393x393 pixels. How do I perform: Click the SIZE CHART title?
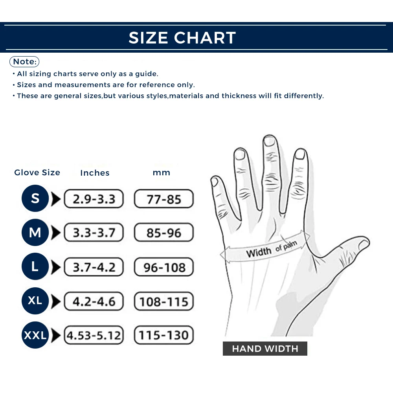click(x=182, y=38)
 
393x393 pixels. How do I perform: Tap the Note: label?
click(x=24, y=62)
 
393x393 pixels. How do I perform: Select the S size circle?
click(x=35, y=198)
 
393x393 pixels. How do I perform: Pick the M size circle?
click(x=35, y=233)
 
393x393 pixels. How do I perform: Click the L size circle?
click(x=35, y=267)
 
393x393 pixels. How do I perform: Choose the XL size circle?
click(x=35, y=301)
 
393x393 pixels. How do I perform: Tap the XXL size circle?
click(x=35, y=335)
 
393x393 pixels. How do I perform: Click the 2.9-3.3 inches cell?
click(x=94, y=199)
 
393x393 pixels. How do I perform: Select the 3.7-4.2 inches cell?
click(x=94, y=267)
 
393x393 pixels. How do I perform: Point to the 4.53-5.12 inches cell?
click(x=94, y=336)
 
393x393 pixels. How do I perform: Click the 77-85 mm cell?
click(x=164, y=199)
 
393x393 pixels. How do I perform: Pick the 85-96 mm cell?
click(x=164, y=233)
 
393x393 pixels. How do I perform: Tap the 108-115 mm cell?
click(x=164, y=301)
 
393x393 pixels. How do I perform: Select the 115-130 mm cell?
click(x=164, y=336)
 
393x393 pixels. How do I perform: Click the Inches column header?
click(x=95, y=173)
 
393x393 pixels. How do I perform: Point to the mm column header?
click(x=162, y=173)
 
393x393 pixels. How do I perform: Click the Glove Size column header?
click(x=37, y=173)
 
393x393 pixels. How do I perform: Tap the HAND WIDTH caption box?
click(x=265, y=349)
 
